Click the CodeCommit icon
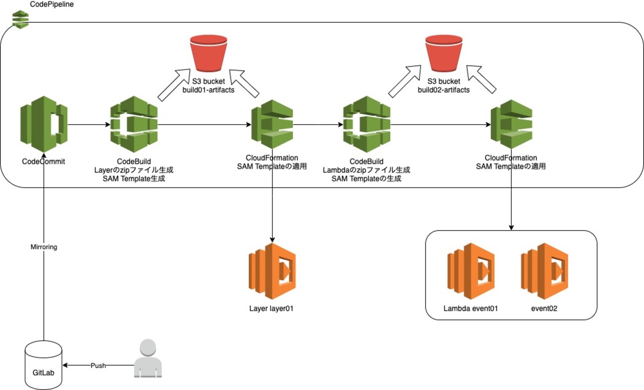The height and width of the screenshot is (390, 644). [x=44, y=124]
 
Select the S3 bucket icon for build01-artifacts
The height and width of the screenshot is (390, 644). [x=208, y=53]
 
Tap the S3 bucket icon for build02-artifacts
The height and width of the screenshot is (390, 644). [x=444, y=53]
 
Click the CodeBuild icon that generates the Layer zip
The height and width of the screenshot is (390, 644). [x=134, y=124]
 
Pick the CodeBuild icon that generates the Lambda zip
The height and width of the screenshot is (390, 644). [x=367, y=124]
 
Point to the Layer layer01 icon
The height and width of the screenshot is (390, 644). [x=272, y=271]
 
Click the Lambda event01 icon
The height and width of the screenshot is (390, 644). [x=470, y=271]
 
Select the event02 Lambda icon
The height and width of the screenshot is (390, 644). [x=544, y=271]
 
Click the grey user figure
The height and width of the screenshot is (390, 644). [x=148, y=358]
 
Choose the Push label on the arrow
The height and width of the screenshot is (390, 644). [x=98, y=365]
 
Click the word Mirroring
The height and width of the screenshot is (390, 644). [x=44, y=246]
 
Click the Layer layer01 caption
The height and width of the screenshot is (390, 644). [x=272, y=308]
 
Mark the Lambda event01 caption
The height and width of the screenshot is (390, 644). [x=470, y=308]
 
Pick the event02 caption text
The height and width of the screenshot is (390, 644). [x=544, y=308]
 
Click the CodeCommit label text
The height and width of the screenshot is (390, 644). [x=44, y=161]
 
